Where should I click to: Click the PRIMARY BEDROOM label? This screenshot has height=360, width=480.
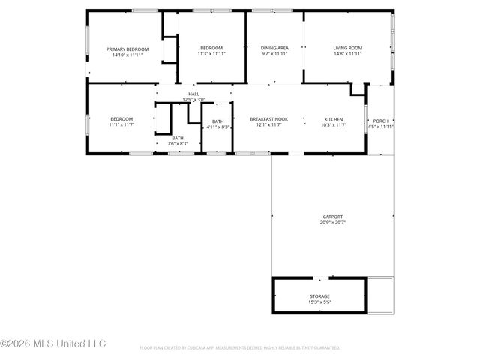click(x=127, y=49)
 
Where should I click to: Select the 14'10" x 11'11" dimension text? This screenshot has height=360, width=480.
click(x=127, y=55)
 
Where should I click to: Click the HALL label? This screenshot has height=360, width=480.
click(x=193, y=94)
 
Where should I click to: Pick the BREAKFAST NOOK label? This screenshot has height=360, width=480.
click(x=269, y=119)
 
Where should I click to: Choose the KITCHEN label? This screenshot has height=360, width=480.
click(x=334, y=119)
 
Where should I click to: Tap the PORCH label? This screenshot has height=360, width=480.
click(x=381, y=120)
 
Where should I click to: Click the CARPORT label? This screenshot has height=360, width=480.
click(x=332, y=217)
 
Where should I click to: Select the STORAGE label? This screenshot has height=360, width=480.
click(x=319, y=296)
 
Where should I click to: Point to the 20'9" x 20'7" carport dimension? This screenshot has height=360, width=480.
click(x=332, y=223)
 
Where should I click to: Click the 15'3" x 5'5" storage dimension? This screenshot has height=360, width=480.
click(x=319, y=302)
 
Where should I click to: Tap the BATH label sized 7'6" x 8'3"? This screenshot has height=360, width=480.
click(x=178, y=138)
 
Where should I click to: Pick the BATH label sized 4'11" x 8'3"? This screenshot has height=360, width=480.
click(x=217, y=121)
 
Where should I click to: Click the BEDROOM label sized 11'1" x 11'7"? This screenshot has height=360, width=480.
click(x=121, y=119)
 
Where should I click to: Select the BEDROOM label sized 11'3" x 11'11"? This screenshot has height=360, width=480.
click(x=211, y=49)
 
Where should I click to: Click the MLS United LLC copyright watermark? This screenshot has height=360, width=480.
click(x=53, y=344)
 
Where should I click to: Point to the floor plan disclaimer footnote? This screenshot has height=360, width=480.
click(x=240, y=348)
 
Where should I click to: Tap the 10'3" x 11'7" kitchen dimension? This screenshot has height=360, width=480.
click(x=334, y=125)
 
